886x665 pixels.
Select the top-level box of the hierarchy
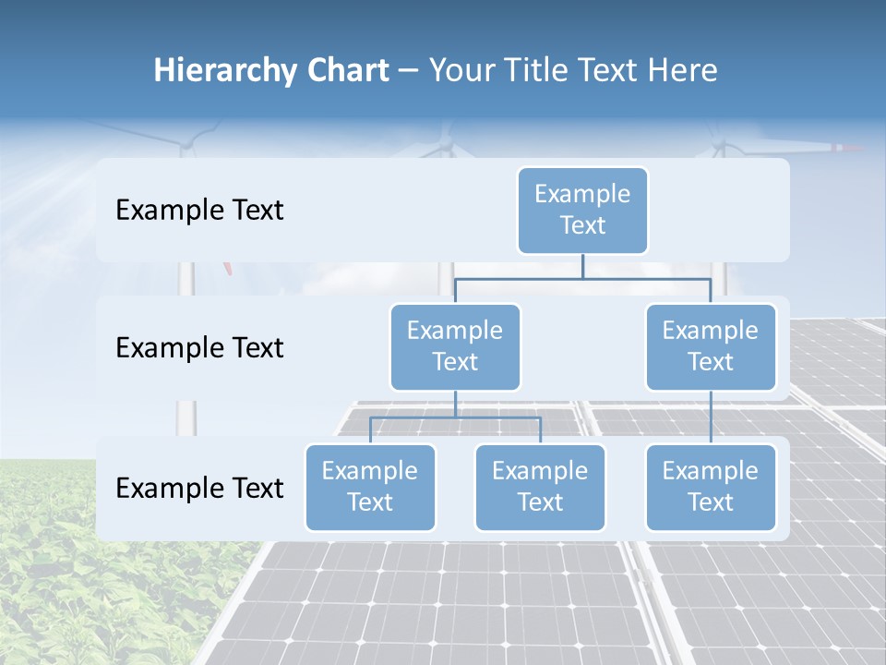pyautogui.click(x=582, y=210)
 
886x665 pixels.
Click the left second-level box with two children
pyautogui.click(x=455, y=346)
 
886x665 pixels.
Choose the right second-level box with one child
pyautogui.click(x=711, y=346)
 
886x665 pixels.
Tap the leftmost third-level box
pyautogui.click(x=370, y=487)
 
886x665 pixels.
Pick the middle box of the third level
pyautogui.click(x=540, y=487)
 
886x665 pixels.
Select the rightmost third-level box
pyautogui.click(x=711, y=487)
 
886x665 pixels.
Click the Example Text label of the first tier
pyautogui.click(x=199, y=210)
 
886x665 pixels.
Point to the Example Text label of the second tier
pyautogui.click(x=199, y=347)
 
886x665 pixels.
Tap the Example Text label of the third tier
pyautogui.click(x=199, y=488)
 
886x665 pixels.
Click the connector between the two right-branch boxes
pyautogui.click(x=711, y=417)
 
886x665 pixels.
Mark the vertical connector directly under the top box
pyautogui.click(x=582, y=266)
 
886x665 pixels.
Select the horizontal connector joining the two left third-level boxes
pyautogui.click(x=455, y=417)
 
